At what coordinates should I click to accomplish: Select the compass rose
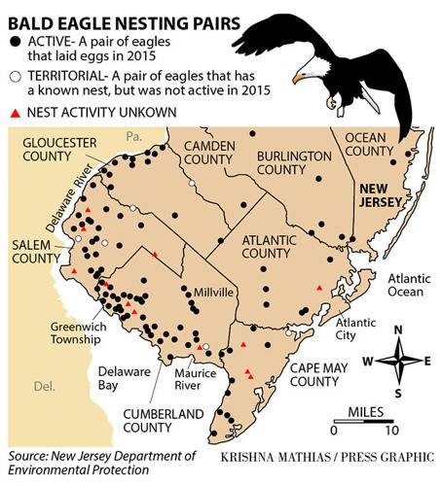pyautogui.click(x=397, y=360)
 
